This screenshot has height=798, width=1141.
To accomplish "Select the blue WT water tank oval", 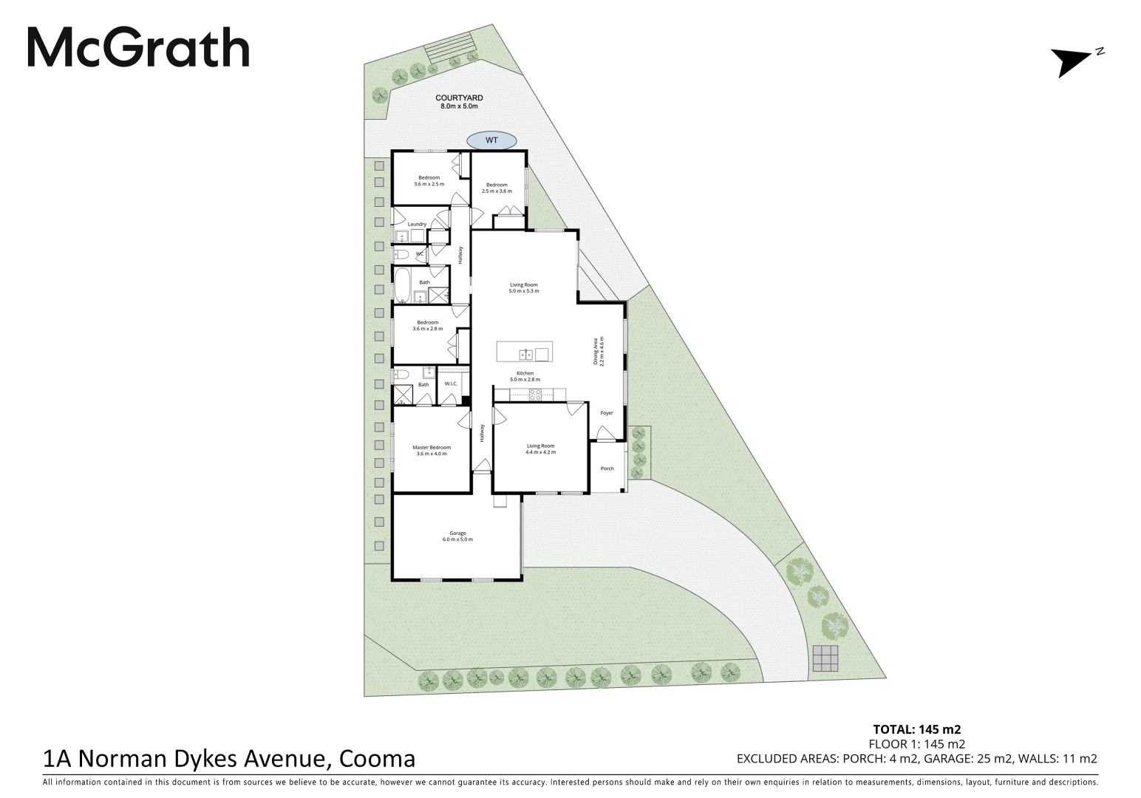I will [x=491, y=140].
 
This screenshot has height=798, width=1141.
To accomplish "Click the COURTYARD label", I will [x=459, y=98].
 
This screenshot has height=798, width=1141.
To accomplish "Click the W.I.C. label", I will [x=451, y=383].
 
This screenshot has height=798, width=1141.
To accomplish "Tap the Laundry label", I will [x=416, y=224].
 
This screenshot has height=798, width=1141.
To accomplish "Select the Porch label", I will [x=607, y=468].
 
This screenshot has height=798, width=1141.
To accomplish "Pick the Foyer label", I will [x=606, y=413].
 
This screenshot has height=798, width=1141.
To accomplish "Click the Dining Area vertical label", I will [x=598, y=352].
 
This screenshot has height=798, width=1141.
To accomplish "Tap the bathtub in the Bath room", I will [x=403, y=286].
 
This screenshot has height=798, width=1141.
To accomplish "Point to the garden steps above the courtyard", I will [x=449, y=47].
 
